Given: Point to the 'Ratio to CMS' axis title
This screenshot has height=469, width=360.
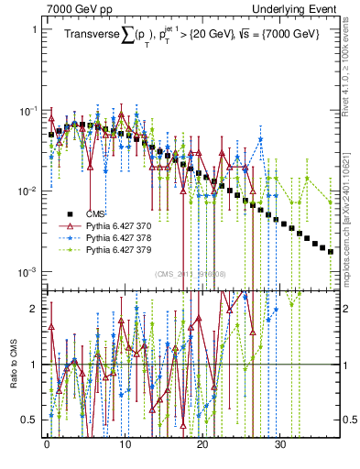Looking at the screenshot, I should coord(13,380).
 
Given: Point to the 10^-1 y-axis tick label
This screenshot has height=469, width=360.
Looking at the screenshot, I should coord(28,111).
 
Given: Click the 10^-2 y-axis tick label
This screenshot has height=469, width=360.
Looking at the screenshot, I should coord(28,191).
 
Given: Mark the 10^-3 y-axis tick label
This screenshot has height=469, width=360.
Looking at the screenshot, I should coord(28,272).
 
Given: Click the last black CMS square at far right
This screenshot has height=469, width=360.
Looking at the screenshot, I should coord(331,251).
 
